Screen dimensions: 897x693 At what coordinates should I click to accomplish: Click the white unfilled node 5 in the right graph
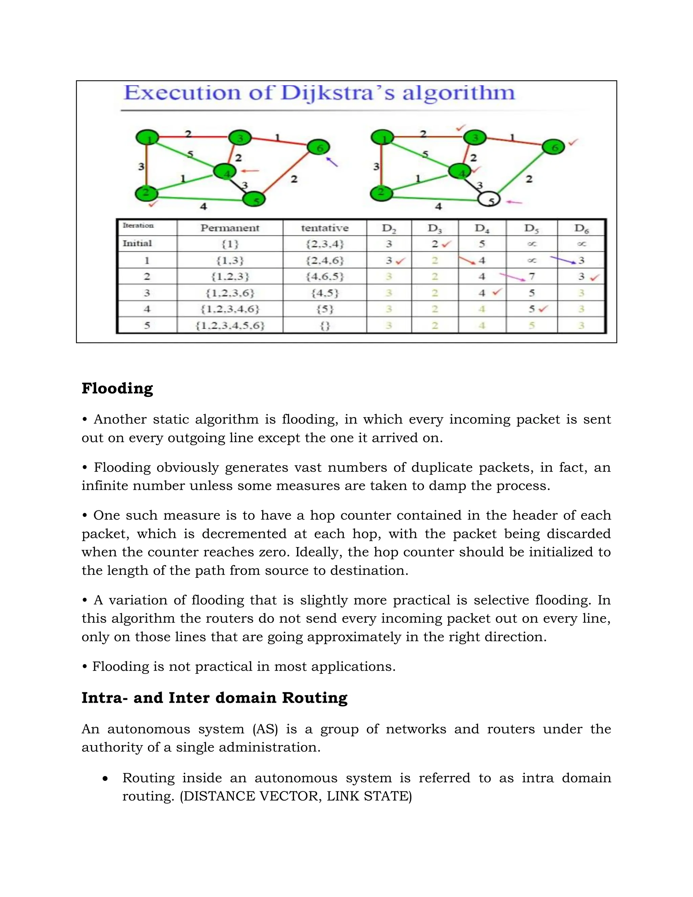[x=489, y=200]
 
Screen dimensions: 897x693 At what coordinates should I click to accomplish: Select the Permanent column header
[x=229, y=228]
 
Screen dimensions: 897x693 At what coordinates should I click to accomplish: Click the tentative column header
[x=324, y=228]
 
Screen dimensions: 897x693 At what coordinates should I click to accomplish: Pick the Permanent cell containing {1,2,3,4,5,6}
[x=230, y=326]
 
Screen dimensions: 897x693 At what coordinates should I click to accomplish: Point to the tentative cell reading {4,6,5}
[x=324, y=277]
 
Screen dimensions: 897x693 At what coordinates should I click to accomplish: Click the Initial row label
[x=137, y=244]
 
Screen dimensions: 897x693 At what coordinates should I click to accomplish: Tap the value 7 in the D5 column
[x=532, y=277]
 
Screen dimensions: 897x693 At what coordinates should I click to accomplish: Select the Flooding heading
[x=117, y=388]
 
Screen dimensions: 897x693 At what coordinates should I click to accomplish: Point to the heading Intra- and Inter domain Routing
[x=214, y=698]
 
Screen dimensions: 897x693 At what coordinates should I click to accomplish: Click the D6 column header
[x=581, y=228]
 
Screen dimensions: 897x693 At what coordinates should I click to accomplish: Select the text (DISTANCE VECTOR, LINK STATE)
[x=296, y=796]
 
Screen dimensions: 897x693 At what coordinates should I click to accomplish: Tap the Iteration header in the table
[x=138, y=225]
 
